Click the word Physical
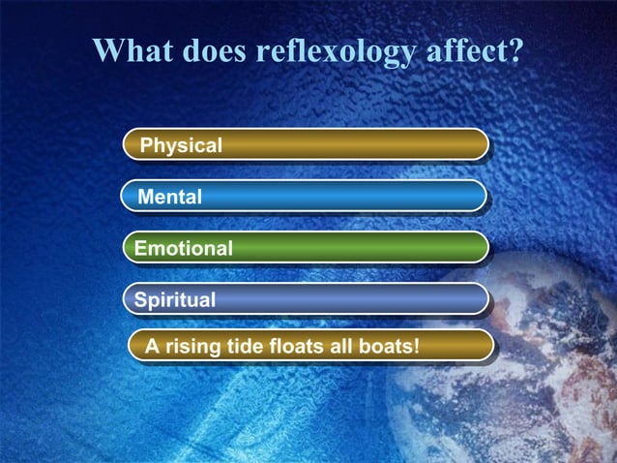tap(181, 146)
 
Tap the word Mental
tap(170, 198)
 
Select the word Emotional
tap(184, 249)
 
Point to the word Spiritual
tap(175, 300)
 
